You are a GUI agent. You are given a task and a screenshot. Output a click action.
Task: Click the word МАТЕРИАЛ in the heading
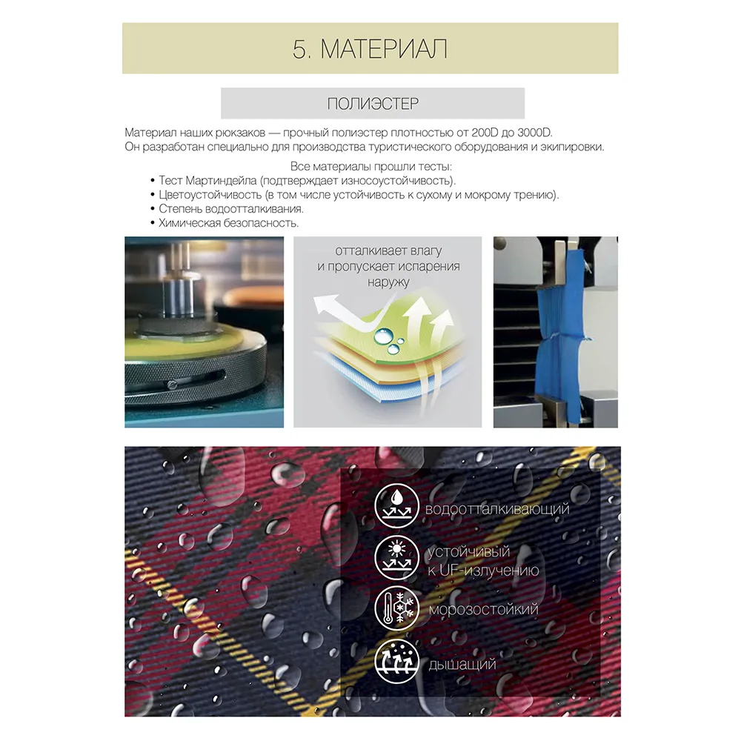click(384, 49)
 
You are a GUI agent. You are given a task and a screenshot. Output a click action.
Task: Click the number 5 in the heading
click(299, 49)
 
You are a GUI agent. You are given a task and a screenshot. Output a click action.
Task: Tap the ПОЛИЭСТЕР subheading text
click(373, 104)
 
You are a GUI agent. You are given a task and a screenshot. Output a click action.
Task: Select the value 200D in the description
click(485, 133)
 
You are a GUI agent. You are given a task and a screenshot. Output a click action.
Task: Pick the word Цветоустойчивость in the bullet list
click(210, 195)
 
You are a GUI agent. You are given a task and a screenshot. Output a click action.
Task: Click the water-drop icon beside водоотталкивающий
click(397, 505)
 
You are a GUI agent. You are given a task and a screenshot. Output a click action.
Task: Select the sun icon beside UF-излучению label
click(397, 559)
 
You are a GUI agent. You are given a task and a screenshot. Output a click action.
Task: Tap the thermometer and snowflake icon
click(397, 608)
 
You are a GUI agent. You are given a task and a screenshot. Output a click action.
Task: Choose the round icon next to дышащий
click(397, 661)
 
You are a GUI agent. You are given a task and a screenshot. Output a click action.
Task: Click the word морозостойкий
click(483, 609)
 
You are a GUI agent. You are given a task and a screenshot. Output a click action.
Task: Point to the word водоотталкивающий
click(497, 510)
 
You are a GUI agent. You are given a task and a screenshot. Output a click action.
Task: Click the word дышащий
click(462, 665)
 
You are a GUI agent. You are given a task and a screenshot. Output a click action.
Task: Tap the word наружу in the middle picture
click(388, 282)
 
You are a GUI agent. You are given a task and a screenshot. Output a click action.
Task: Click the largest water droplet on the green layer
click(383, 336)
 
